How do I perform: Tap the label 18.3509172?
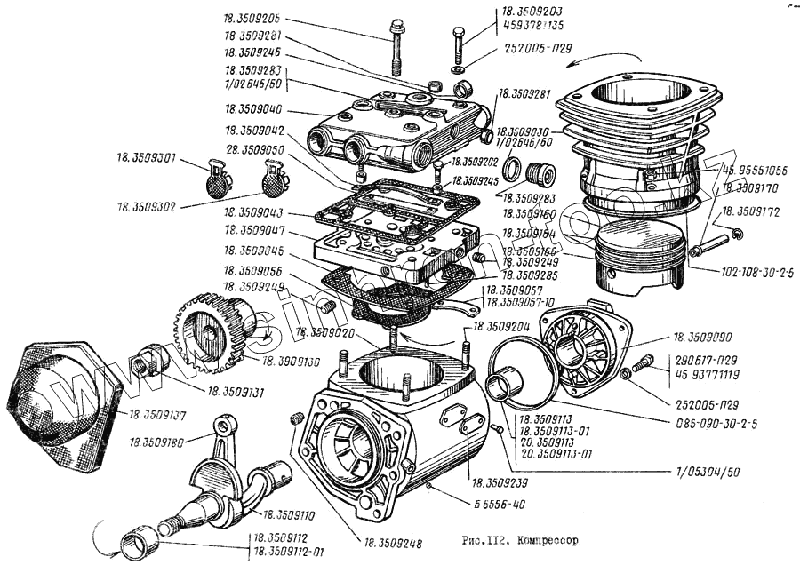coord(750,212)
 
